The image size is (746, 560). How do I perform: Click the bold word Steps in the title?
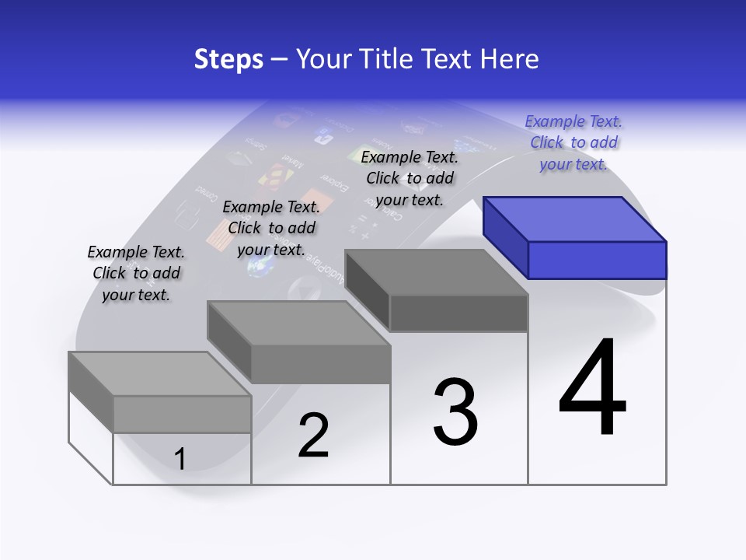point(228,59)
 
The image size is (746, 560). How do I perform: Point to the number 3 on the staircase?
point(455,412)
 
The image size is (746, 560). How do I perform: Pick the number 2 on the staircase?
point(313,436)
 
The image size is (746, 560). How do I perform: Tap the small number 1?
point(180,459)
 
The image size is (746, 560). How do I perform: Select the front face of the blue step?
point(597,260)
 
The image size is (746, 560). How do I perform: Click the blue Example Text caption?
point(573,143)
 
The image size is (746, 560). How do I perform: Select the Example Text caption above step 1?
point(136,274)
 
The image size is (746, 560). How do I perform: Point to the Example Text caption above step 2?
point(271,229)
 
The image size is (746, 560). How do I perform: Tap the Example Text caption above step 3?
point(410,178)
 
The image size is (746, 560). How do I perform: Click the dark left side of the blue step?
point(505,237)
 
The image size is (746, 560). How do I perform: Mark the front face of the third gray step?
point(458,313)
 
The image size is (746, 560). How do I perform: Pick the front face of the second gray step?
point(320,364)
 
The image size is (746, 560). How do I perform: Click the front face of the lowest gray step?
point(182,414)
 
